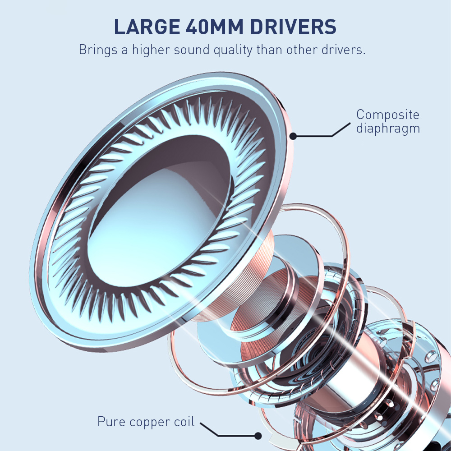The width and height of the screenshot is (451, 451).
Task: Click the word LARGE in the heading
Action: click(x=147, y=27)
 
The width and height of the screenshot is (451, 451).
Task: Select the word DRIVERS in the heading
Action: click(x=293, y=27)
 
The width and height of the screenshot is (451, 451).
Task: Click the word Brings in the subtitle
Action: click(x=98, y=50)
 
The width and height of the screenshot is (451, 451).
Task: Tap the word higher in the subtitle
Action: click(x=151, y=49)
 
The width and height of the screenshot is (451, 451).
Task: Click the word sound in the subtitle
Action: click(x=192, y=50)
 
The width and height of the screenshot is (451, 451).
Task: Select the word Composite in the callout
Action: click(x=388, y=115)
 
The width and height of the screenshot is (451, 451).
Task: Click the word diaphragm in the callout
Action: click(x=388, y=128)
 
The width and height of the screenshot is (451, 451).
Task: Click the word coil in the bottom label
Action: click(x=184, y=421)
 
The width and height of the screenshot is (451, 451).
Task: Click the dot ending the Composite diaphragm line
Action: click(x=293, y=136)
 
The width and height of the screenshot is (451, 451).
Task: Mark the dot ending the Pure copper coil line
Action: click(x=258, y=436)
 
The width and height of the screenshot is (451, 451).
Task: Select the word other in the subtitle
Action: click(x=302, y=50)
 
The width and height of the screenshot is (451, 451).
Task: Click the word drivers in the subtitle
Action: click(x=343, y=50)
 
